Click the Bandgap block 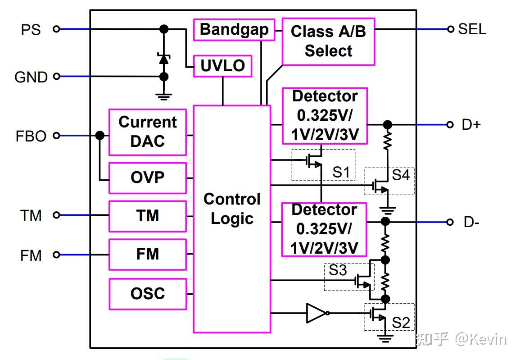pyautogui.click(x=234, y=30)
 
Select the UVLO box pyautogui.click(x=222, y=66)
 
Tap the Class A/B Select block pyautogui.click(x=328, y=41)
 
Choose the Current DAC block pyautogui.click(x=147, y=132)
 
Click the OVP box pyautogui.click(x=147, y=178)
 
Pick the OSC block pyautogui.click(x=147, y=294)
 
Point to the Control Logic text pyautogui.click(x=232, y=209)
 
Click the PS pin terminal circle pyautogui.click(x=56, y=29)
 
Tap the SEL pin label pyautogui.click(x=472, y=29)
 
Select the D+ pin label pyautogui.click(x=471, y=125)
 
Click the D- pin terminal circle pyautogui.click(x=449, y=222)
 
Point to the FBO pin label pyautogui.click(x=31, y=136)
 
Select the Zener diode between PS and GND pyautogui.click(x=164, y=58)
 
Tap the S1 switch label pyautogui.click(x=341, y=172)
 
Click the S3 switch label pyautogui.click(x=338, y=270)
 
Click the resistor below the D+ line pyautogui.click(x=386, y=140)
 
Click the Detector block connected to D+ pyautogui.click(x=325, y=116)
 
